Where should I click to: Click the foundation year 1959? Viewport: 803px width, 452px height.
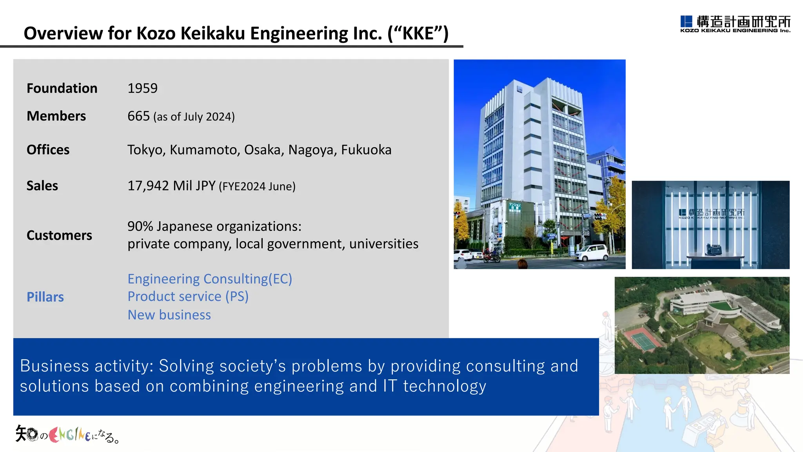[x=142, y=88]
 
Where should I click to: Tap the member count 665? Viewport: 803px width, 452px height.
[x=138, y=116]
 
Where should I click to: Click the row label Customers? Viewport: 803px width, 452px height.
[x=59, y=235]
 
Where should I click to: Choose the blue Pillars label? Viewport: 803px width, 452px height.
[x=45, y=297]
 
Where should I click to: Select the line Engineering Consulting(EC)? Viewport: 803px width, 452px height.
[x=210, y=279]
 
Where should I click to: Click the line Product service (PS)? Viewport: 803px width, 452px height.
[x=188, y=297]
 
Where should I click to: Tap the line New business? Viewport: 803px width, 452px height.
[x=169, y=315]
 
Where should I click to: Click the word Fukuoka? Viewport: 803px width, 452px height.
[x=366, y=150]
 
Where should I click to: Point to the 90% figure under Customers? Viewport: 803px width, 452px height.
[x=140, y=226]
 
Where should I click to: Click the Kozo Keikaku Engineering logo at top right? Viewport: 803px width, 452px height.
[x=735, y=24]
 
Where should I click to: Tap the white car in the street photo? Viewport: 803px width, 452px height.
[x=591, y=253]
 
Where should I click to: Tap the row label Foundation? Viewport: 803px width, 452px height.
[x=62, y=88]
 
